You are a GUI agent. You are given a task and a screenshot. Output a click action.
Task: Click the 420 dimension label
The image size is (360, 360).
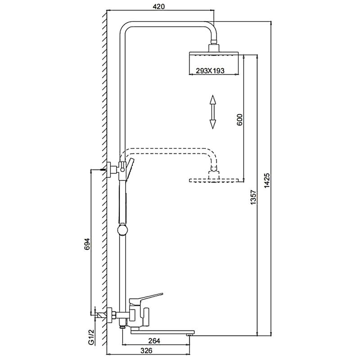[159, 7]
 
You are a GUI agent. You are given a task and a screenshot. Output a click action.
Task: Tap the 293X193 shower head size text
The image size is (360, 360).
[210, 71]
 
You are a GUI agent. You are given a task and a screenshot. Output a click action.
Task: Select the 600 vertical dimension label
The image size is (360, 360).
[239, 120]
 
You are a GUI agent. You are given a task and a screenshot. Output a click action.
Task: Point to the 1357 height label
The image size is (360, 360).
[253, 197]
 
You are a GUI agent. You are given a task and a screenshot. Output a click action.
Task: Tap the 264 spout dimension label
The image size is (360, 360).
[154, 341]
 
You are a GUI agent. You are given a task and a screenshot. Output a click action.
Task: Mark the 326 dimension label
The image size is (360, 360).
[146, 351]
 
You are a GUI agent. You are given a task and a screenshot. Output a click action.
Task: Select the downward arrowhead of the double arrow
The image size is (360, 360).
[213, 124]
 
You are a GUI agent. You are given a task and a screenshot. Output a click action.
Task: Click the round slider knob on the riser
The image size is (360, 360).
[122, 230]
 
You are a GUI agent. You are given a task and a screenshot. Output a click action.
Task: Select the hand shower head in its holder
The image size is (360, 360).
[130, 170]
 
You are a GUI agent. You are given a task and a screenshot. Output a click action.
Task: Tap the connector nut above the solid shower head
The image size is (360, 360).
[214, 42]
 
